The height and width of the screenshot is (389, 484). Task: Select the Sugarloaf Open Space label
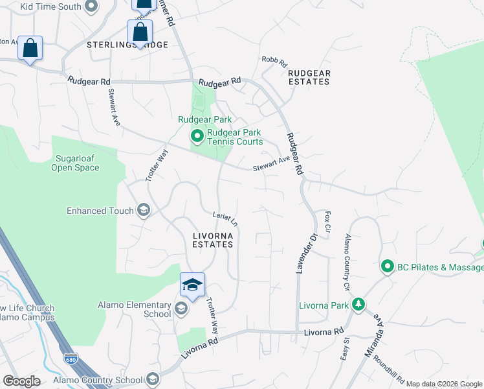(76, 163)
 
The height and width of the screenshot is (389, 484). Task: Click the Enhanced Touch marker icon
(143, 210)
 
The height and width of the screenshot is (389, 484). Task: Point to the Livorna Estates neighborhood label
(213, 239)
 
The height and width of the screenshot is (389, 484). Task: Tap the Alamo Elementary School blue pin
(192, 286)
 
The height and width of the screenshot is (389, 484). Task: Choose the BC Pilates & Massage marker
(387, 266)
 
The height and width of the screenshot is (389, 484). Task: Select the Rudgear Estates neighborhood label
(309, 77)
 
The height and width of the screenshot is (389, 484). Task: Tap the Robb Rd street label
(274, 61)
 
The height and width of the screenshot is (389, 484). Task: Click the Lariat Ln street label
(226, 218)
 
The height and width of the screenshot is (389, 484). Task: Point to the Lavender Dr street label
(305, 253)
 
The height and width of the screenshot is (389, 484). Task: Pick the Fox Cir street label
(328, 222)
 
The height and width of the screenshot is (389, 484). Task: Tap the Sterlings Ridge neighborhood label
(127, 45)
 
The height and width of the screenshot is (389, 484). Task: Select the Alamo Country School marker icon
(153, 379)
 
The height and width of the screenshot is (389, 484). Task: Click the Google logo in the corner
(21, 381)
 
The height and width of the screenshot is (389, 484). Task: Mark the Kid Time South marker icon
(91, 6)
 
